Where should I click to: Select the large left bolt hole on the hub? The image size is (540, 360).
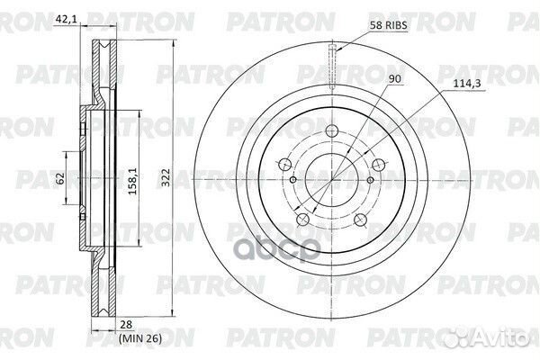click(285, 165)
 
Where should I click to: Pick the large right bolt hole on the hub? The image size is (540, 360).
click(380, 165)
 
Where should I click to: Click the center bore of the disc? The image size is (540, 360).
click(333, 180)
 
